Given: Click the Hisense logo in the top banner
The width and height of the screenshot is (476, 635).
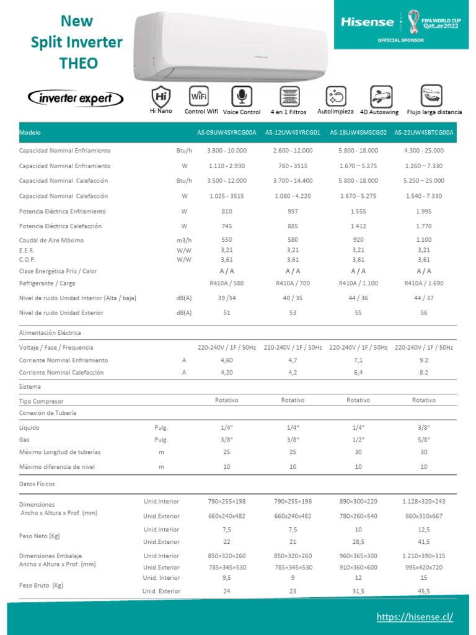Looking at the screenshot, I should tap(368, 22).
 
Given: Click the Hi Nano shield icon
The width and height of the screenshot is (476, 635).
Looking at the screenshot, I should tap(161, 96).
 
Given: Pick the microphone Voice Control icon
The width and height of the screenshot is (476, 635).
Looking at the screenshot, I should tap(241, 96).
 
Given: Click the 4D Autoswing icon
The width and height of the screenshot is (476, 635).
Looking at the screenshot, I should tap(381, 96).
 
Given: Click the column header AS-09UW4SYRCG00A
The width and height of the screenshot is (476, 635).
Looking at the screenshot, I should tap(226, 133).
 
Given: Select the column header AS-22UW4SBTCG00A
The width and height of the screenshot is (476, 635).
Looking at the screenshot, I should tap(424, 133).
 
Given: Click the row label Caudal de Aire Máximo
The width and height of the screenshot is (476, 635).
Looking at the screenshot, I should tap(51, 240).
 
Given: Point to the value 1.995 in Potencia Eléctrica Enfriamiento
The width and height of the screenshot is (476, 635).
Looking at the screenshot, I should tap(424, 211).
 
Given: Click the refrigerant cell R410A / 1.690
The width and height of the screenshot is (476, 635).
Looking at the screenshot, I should tap(424, 283).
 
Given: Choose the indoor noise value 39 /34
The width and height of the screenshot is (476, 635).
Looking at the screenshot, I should tap(226, 298).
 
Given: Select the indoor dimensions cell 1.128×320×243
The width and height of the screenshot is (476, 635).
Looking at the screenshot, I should tap(424, 501).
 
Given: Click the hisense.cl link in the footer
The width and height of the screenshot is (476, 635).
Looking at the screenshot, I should tap(415, 617).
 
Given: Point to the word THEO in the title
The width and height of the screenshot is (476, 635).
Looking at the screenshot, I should tap(78, 63).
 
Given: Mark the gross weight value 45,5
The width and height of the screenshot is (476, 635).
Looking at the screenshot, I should tap(424, 592).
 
